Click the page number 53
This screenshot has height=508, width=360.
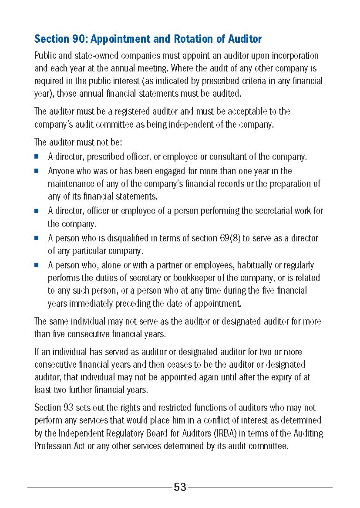[180, 487]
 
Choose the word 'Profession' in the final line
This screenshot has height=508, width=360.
[54, 446]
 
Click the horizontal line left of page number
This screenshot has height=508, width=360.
[100, 488]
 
